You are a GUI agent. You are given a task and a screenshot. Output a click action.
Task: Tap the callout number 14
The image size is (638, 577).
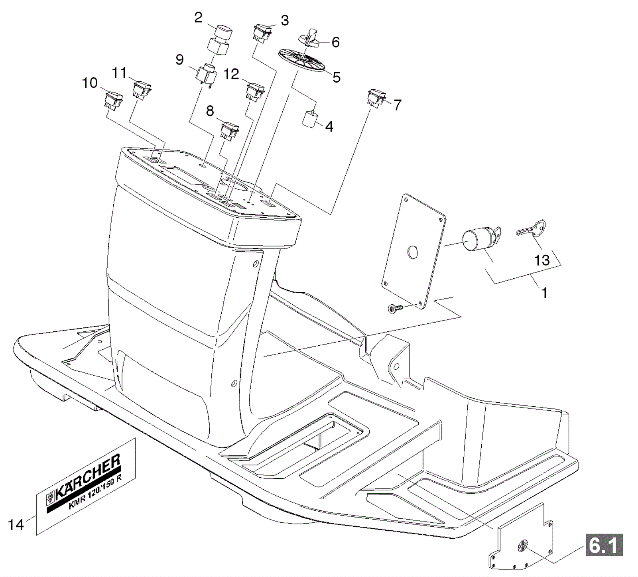[16, 525]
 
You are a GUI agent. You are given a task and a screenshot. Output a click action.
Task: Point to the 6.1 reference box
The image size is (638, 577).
[604, 545]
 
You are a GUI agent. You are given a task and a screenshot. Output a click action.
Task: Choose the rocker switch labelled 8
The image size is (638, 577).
[229, 131]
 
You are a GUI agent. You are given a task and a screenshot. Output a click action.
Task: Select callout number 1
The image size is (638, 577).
[544, 293]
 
